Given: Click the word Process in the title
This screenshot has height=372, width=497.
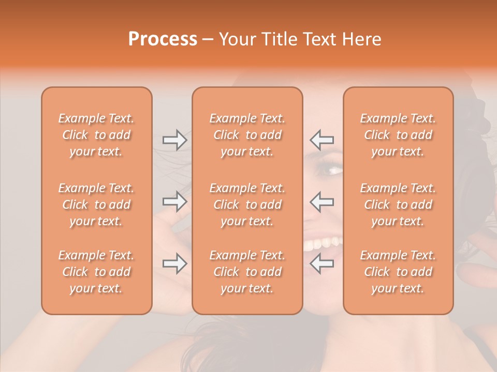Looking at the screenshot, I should click(163, 39).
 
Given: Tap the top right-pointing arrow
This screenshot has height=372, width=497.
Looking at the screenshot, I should click(175, 139).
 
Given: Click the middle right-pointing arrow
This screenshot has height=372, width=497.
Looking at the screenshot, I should click(175, 202).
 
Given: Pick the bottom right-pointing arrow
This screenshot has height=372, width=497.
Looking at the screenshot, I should click(175, 264).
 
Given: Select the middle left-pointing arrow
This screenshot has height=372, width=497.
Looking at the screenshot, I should click(322, 202).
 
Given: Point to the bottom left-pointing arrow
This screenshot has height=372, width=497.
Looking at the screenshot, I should click(322, 264).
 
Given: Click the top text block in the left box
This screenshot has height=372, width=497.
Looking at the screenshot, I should click(96, 135).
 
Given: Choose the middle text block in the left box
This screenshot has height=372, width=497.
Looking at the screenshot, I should click(96, 205).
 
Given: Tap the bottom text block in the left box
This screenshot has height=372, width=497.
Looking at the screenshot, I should click(96, 272).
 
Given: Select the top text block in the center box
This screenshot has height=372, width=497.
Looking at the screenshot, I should click(247, 135).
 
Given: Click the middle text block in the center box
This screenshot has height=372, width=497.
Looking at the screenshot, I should click(247, 205).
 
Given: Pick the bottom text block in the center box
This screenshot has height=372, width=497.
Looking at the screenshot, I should click(247, 272).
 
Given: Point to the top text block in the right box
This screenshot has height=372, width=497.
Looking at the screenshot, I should click(398, 135).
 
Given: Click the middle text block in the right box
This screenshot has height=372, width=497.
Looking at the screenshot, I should click(398, 205).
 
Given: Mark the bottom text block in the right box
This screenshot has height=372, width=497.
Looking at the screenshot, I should click(398, 272).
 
